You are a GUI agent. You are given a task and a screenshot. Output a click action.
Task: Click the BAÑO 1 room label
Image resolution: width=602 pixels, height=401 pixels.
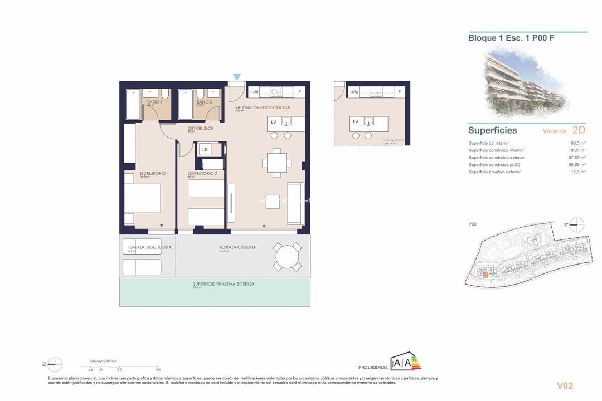[154, 102]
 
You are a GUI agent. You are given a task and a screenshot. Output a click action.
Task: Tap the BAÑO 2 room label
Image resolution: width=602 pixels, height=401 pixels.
[205, 102]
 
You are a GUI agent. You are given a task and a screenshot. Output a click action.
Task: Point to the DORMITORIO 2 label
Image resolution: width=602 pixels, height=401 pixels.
[202, 174]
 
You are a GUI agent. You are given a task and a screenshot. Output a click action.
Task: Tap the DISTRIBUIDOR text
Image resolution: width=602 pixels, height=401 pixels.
[200, 128]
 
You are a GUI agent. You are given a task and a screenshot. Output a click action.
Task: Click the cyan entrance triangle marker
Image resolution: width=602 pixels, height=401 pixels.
[237, 77]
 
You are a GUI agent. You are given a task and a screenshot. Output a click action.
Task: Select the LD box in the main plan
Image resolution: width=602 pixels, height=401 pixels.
[205, 149]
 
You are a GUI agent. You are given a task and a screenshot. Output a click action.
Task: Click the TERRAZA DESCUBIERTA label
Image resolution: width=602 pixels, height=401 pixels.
[149, 247]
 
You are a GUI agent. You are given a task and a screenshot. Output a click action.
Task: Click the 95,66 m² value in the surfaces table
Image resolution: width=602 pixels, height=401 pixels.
[577, 164]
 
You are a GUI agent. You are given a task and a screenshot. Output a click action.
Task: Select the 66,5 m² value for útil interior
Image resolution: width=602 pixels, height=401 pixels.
[579, 143]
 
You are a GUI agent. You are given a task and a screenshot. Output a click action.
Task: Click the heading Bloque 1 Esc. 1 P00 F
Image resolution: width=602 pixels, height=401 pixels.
[511, 38]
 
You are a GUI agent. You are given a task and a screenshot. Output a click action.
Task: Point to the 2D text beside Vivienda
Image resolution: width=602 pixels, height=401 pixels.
[579, 131]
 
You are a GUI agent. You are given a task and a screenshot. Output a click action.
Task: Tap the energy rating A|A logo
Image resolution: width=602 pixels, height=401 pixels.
[405, 361]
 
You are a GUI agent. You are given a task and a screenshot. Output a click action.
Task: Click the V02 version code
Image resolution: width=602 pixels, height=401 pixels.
[565, 385]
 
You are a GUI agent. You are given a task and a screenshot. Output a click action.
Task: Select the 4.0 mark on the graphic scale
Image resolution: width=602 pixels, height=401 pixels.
[158, 369]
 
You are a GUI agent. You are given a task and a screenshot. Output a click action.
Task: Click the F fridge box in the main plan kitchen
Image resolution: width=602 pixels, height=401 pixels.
[299, 92]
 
